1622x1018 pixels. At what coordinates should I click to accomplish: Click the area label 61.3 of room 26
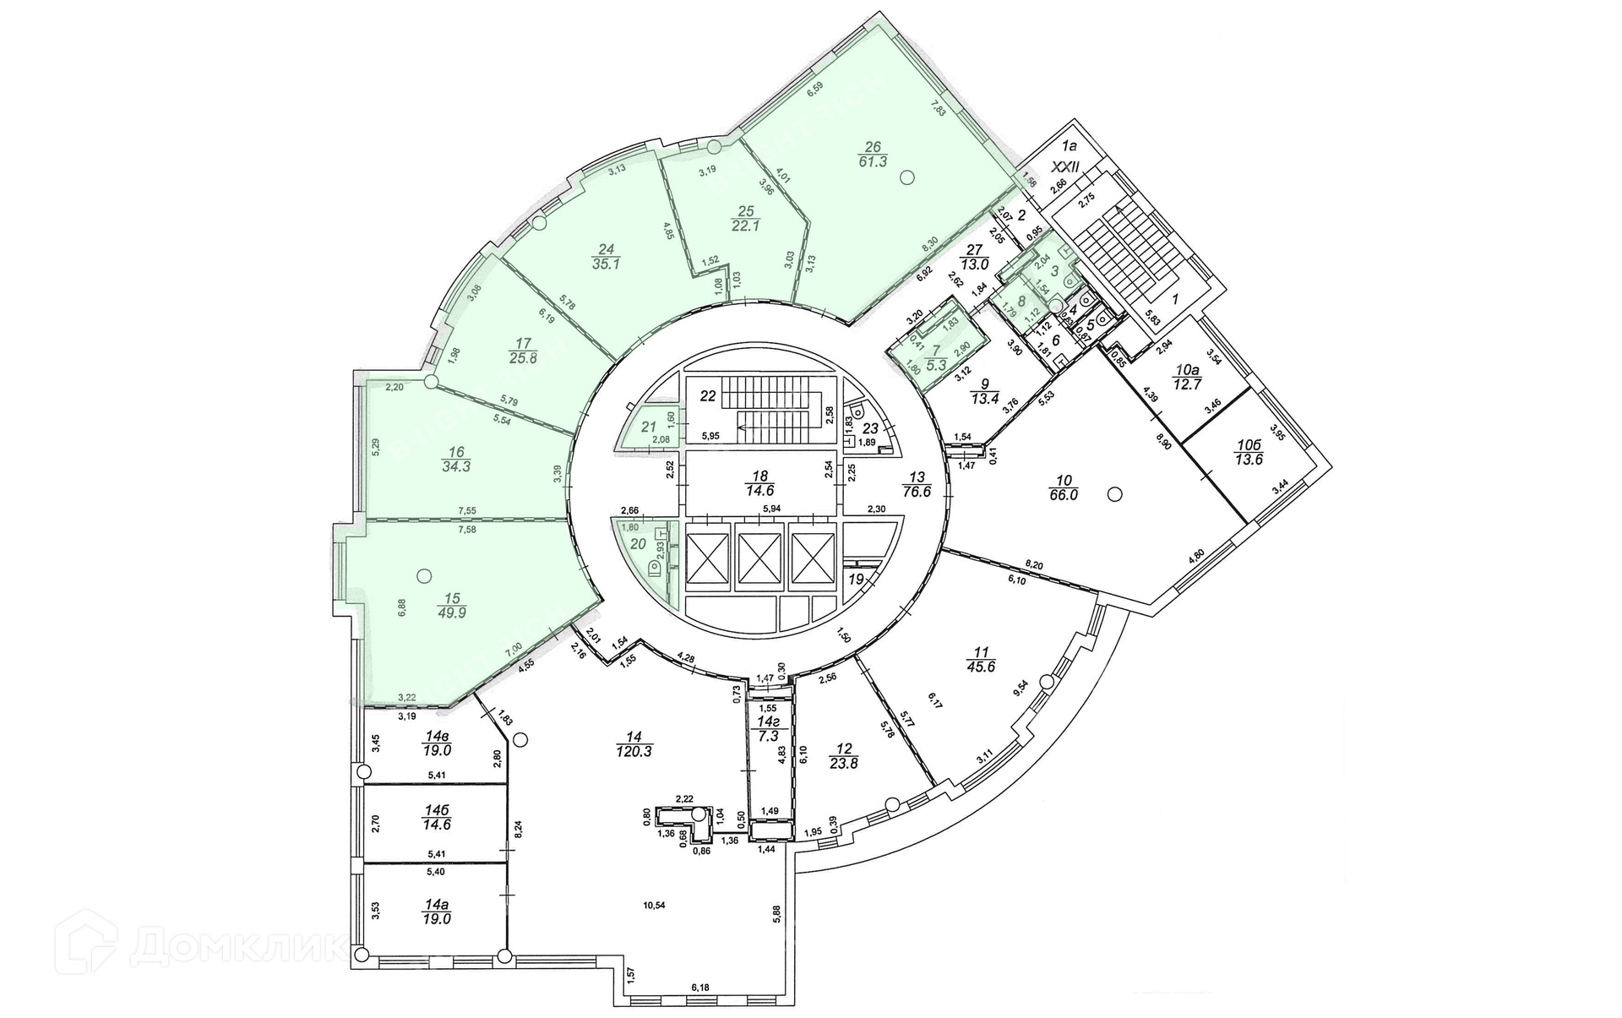[x=873, y=161]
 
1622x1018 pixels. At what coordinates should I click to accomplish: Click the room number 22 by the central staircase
[x=708, y=396]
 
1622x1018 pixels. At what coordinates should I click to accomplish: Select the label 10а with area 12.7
[x=1187, y=377]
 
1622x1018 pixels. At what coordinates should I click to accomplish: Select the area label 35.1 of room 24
[x=605, y=263]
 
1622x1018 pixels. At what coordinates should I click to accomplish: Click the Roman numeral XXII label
[x=1075, y=169]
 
